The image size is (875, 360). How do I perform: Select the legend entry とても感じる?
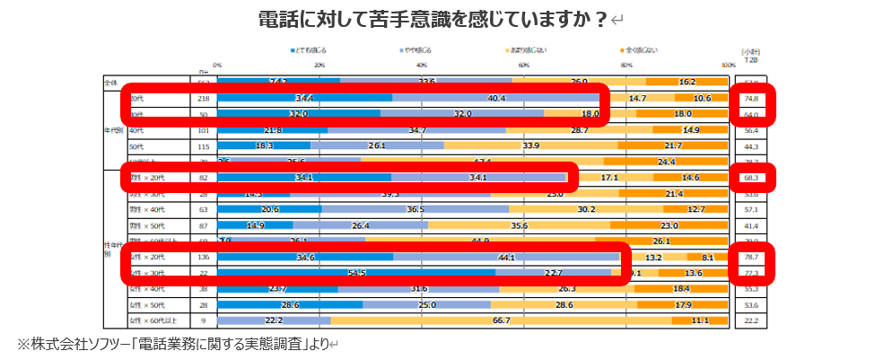click(310, 50)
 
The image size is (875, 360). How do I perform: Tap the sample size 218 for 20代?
click(204, 97)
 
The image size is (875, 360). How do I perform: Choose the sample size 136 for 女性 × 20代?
click(204, 257)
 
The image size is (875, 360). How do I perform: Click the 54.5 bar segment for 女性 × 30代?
click(356, 273)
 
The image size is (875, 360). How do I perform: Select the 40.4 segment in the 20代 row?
click(496, 97)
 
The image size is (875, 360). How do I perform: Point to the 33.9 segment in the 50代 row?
click(530, 145)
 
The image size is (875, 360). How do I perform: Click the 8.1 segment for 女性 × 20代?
click(707, 257)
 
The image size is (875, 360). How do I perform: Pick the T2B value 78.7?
click(751, 257)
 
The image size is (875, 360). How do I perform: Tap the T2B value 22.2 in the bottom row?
click(751, 320)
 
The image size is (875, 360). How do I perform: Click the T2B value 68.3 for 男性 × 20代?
click(751, 177)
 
